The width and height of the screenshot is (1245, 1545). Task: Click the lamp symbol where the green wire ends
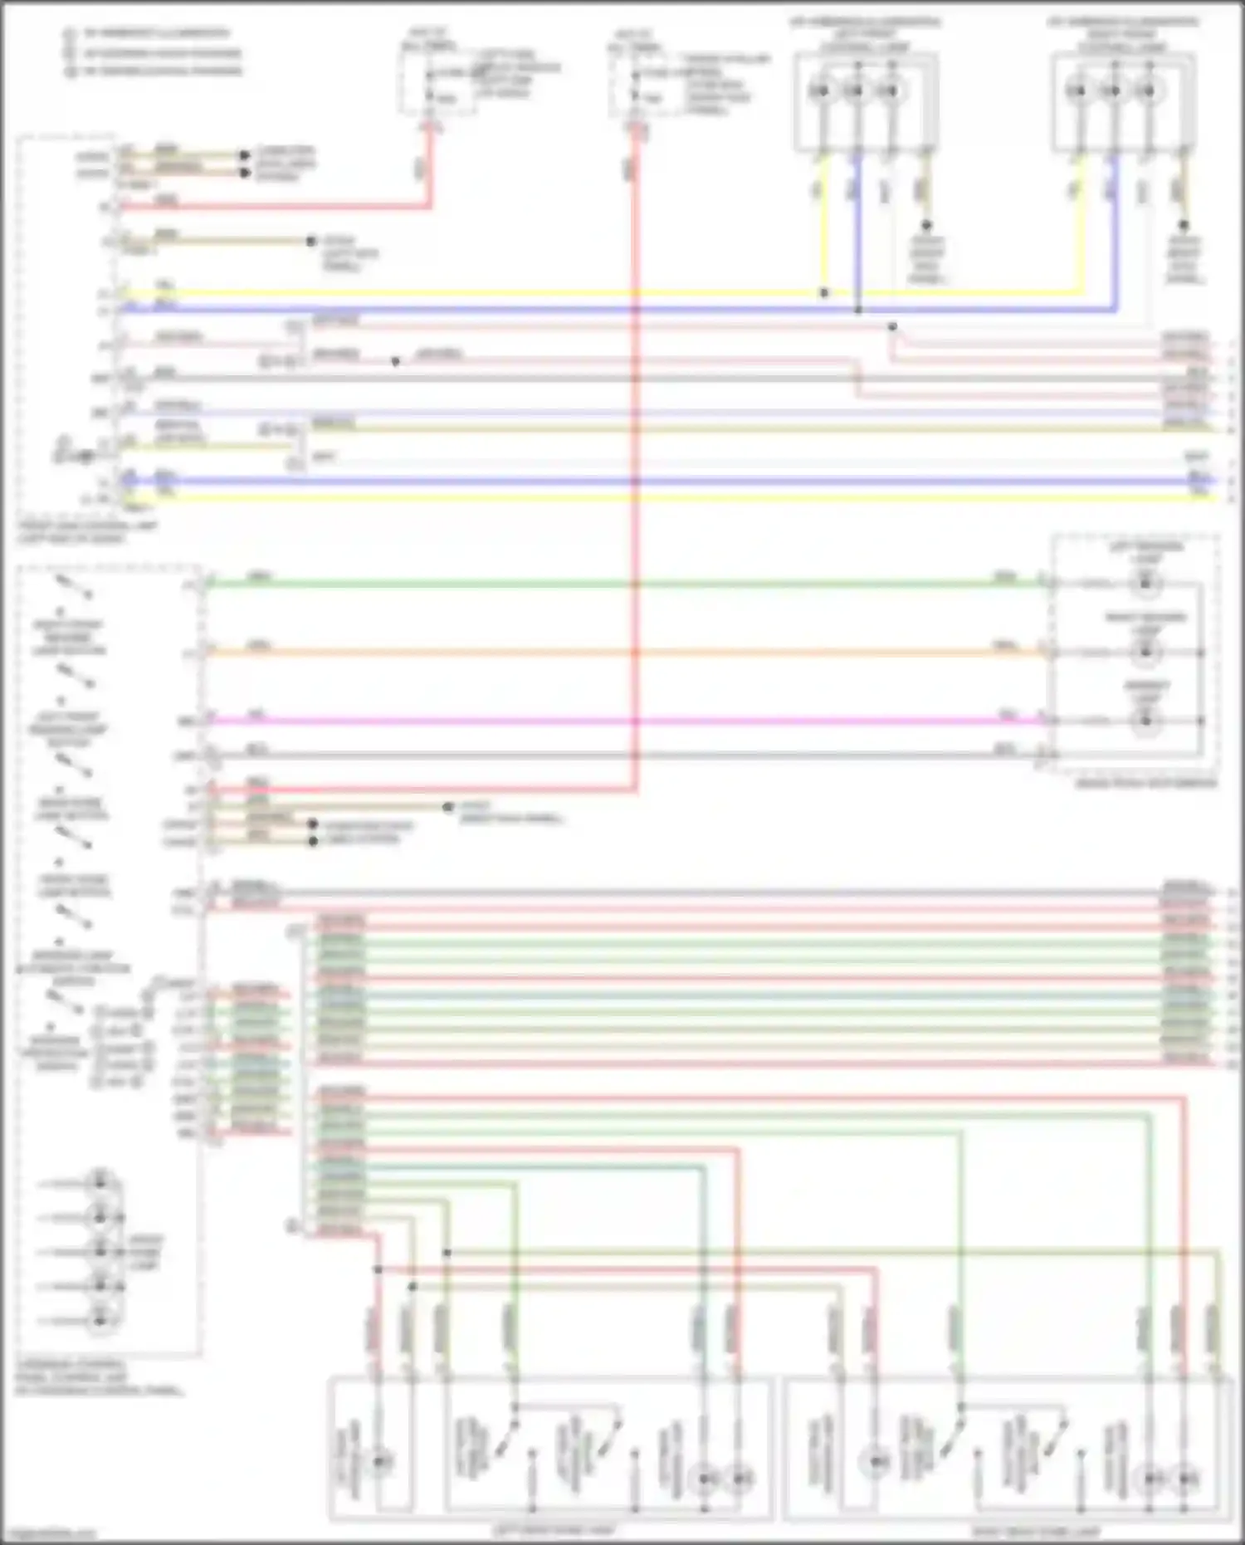1146,584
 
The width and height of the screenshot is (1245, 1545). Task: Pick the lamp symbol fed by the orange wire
1146,653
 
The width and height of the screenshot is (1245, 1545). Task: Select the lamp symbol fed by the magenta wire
1146,721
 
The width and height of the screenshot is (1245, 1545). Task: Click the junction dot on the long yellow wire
823,293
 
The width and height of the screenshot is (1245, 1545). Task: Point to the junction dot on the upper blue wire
858,310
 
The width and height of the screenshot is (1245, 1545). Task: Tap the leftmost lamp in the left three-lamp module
820,90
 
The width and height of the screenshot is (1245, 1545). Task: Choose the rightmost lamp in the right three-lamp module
1147,90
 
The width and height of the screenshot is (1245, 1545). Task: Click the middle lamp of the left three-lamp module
855,90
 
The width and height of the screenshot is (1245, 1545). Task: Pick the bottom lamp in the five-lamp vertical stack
100,1319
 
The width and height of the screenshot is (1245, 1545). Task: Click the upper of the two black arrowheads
244,155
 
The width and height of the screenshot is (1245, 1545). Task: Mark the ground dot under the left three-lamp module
926,226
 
